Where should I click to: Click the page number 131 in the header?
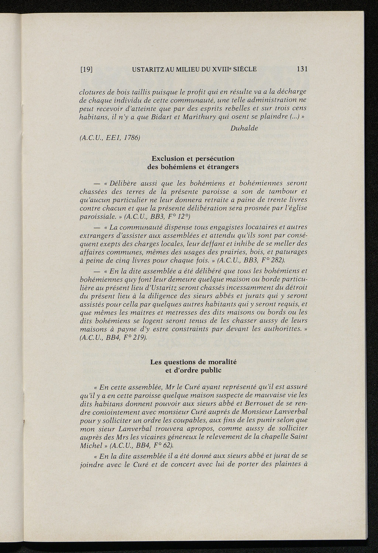point(302,69)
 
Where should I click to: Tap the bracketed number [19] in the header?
point(86,69)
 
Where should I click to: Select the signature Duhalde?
point(244,128)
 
